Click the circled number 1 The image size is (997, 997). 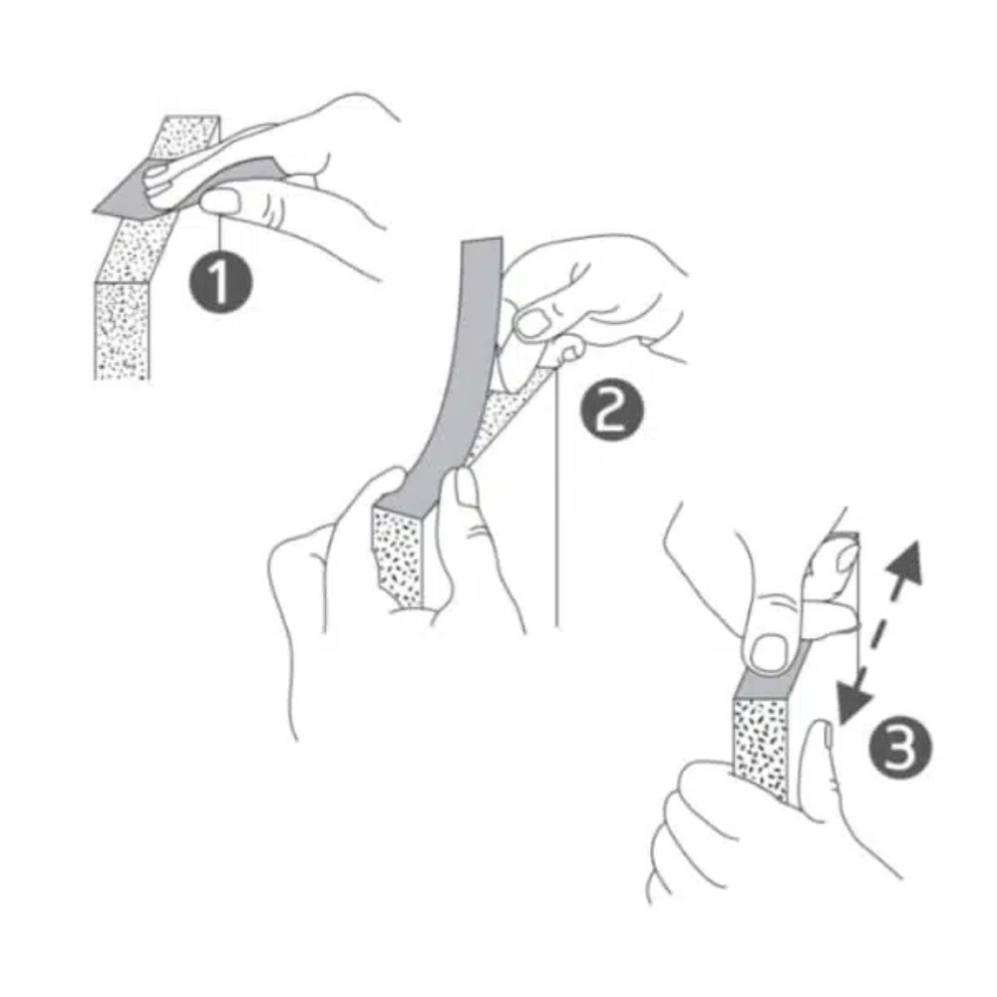coord(219,282)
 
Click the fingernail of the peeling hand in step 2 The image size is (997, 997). coord(532,322)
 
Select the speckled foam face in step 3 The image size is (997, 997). coord(760,743)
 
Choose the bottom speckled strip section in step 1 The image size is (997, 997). coord(122,329)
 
